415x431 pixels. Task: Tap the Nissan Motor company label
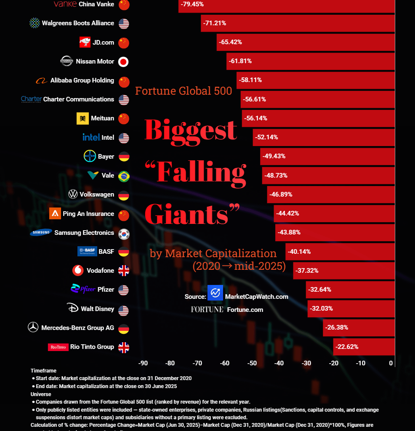pos(95,61)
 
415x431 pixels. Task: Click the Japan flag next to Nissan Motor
pos(123,62)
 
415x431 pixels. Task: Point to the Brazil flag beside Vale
pos(123,176)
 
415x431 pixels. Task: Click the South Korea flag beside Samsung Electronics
pos(123,234)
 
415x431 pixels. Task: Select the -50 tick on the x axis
pos(252,363)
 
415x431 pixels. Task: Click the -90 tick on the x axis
pos(143,363)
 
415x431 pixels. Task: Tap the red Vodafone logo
pos(78,270)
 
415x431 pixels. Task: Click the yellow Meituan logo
pos(82,119)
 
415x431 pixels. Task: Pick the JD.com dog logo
pos(85,42)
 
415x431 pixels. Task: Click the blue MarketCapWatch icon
pos(215,293)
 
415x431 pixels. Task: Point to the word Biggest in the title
pos(191,130)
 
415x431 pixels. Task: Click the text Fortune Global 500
pos(184,91)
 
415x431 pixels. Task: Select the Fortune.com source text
pos(245,310)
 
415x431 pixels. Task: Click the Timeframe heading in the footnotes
pos(43,371)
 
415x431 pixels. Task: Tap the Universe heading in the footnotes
pos(41,394)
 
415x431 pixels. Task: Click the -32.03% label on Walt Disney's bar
pos(321,309)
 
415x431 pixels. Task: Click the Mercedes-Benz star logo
pos(33,327)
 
